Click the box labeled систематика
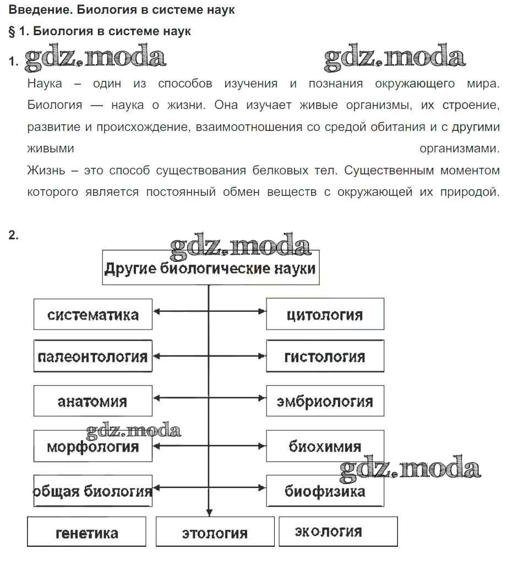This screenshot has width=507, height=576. coord(92,315)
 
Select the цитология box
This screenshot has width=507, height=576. coord(325,315)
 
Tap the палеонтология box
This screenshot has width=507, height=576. coord(92,356)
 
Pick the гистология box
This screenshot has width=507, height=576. coord(325,356)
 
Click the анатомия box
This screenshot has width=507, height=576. coord(92,401)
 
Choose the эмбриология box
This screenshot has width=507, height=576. coord(325,401)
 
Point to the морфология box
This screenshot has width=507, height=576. coord(92,446)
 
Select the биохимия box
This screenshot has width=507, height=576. coord(325,446)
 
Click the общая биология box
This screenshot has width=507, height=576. coord(92,491)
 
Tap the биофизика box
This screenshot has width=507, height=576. coord(325,491)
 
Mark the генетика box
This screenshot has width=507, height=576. coord(86,532)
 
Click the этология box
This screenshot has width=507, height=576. coord(215,532)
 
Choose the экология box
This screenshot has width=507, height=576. coord(337,531)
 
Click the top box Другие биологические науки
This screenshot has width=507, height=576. coord(210,268)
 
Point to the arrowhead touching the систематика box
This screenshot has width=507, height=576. coord(156,311)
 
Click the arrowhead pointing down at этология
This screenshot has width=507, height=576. coord(209,512)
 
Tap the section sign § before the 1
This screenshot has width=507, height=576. coord(12,31)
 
